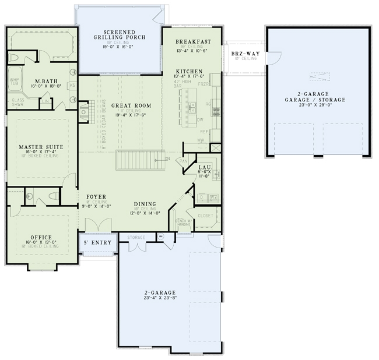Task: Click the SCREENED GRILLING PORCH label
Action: click(120, 35)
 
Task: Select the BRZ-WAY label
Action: click(244, 53)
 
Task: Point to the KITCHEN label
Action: click(187, 70)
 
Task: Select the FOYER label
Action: click(96, 197)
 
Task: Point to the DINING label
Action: click(145, 203)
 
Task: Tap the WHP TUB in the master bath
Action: click(14, 82)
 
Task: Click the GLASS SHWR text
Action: click(18, 103)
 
